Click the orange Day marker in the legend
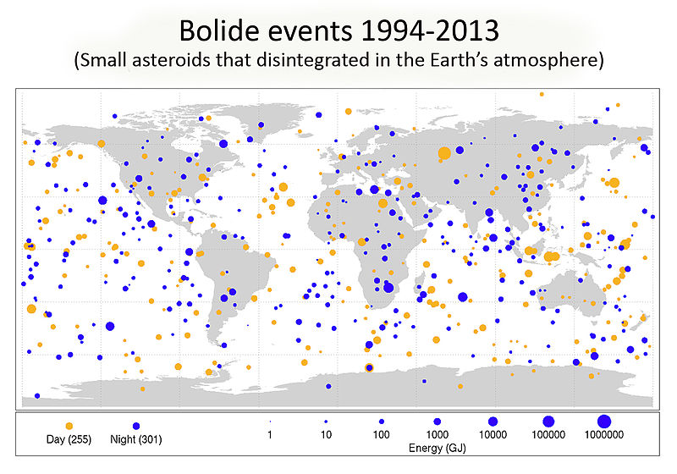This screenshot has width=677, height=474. [69, 425]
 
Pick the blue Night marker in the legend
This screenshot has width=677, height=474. [135, 425]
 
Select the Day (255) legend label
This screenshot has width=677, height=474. [69, 439]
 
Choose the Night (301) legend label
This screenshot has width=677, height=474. [136, 439]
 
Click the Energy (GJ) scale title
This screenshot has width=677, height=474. [438, 446]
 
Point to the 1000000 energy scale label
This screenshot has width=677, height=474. [603, 436]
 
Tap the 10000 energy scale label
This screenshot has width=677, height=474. [493, 436]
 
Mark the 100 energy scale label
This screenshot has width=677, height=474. [381, 436]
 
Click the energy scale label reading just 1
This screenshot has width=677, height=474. [270, 436]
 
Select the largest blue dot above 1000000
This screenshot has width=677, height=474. [603, 421]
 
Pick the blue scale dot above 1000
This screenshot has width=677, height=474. [437, 421]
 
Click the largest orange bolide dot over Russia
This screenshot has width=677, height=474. [444, 153]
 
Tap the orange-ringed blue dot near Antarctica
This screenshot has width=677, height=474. [368, 367]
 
